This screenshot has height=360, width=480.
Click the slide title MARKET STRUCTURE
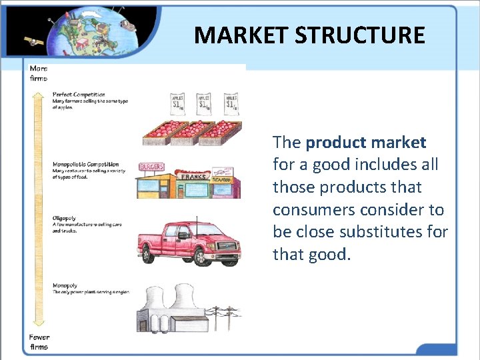click(x=309, y=35)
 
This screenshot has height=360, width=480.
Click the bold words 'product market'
click(x=366, y=142)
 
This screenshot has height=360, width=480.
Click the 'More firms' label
click(x=39, y=73)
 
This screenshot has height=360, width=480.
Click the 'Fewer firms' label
click(x=39, y=341)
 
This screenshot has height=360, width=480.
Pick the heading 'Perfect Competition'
click(x=79, y=95)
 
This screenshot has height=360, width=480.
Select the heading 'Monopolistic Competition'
click(x=85, y=164)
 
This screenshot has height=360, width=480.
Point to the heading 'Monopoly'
click(x=65, y=285)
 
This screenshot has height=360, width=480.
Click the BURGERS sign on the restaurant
click(x=151, y=167)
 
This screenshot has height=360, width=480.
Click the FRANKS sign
click(x=193, y=178)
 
